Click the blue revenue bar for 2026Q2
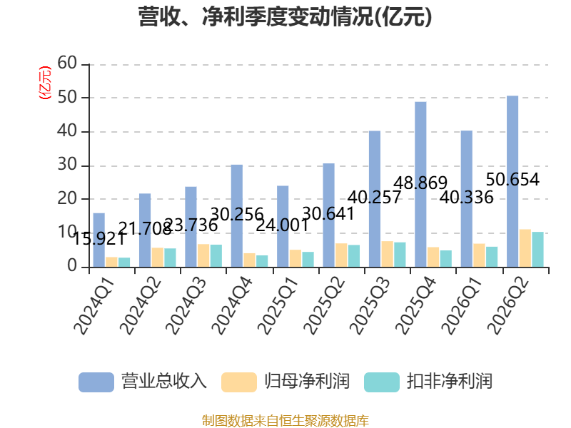[512, 181]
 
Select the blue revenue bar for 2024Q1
[99, 240]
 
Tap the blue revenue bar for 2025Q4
[420, 185]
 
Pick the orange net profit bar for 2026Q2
[525, 248]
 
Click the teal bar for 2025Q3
[400, 255]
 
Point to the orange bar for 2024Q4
[249, 260]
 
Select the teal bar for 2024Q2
[170, 258]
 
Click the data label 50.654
[512, 180]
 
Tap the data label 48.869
[420, 183]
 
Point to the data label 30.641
[328, 213]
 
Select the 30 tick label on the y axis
[67, 165]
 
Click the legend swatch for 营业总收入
[96, 382]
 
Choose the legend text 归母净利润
[307, 382]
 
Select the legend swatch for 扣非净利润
[382, 382]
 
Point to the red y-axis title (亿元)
[45, 83]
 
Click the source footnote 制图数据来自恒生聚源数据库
[285, 421]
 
